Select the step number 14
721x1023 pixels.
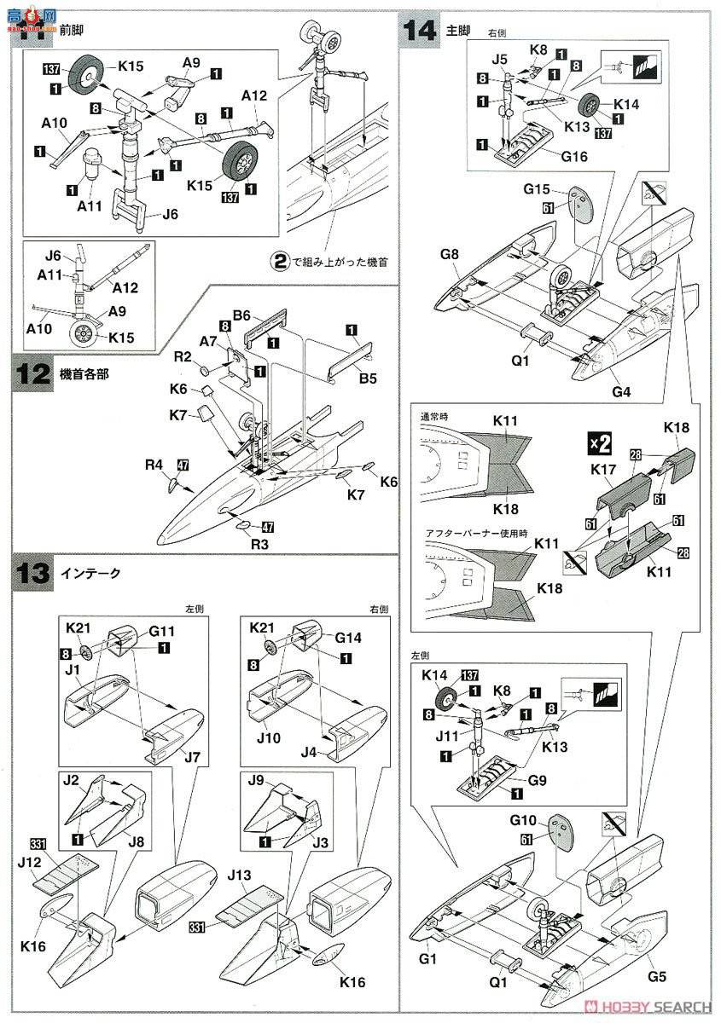coord(421,30)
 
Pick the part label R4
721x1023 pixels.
coord(154,465)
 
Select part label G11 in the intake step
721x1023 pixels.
coord(161,632)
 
